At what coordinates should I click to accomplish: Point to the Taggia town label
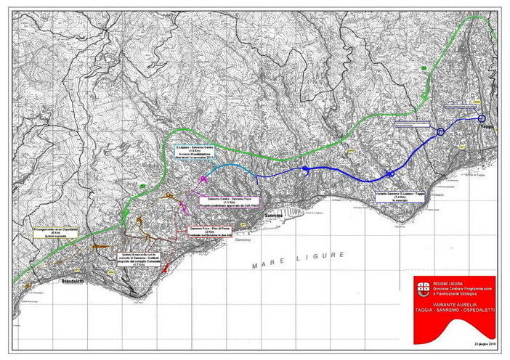[485, 126]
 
